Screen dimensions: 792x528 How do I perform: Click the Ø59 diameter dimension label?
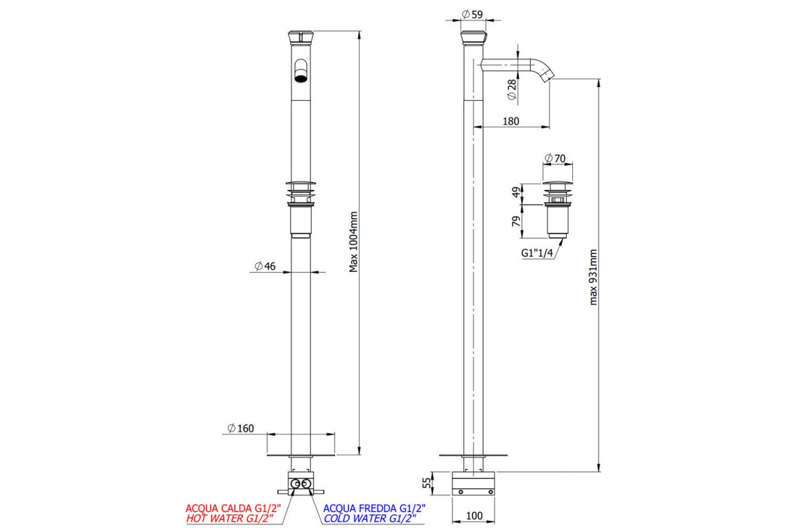tap(472, 15)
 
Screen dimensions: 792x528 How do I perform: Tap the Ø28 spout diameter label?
tap(511, 90)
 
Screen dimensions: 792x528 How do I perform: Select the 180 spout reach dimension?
tap(511, 121)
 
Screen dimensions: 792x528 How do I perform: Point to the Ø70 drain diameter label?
tap(555, 158)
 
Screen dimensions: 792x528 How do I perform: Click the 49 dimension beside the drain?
tap(517, 192)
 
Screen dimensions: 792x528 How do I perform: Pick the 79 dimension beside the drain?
tap(517, 221)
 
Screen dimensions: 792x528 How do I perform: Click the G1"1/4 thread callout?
tap(537, 253)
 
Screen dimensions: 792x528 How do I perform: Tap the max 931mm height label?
tap(593, 277)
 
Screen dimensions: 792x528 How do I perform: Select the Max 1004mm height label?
tap(353, 242)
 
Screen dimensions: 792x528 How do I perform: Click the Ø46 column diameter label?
tap(265, 266)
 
